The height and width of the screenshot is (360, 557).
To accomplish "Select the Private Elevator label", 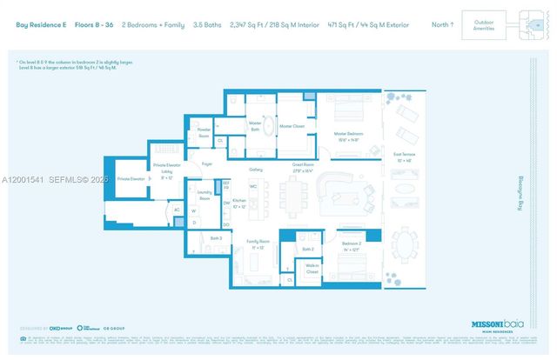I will pyautogui.click(x=131, y=179).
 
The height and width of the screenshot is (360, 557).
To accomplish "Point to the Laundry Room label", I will pyautogui.click(x=205, y=197).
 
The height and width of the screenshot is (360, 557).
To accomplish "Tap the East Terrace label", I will pyautogui.click(x=404, y=157).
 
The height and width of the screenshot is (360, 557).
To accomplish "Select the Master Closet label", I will pyautogui.click(x=292, y=126).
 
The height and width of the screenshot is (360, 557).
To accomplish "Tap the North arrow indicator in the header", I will pyautogui.click(x=443, y=24).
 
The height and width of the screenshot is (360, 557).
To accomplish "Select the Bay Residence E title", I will pyautogui.click(x=41, y=24).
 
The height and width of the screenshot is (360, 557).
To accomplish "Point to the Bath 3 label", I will pyautogui.click(x=216, y=237).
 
